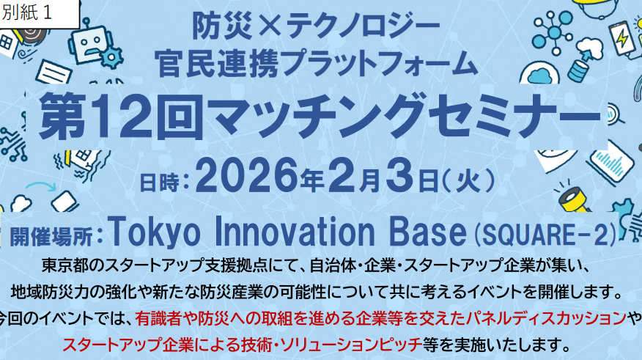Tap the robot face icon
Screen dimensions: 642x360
(89, 43)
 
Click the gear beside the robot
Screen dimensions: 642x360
(111, 57)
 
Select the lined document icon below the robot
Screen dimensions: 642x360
(54, 72)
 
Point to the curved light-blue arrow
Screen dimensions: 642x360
(41, 187)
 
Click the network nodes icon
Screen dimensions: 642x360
(553, 32)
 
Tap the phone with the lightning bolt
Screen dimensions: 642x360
(622, 39)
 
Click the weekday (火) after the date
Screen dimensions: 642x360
(469, 180)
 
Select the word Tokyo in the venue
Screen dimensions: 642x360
(154, 232)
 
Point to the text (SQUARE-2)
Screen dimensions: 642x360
(545, 234)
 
